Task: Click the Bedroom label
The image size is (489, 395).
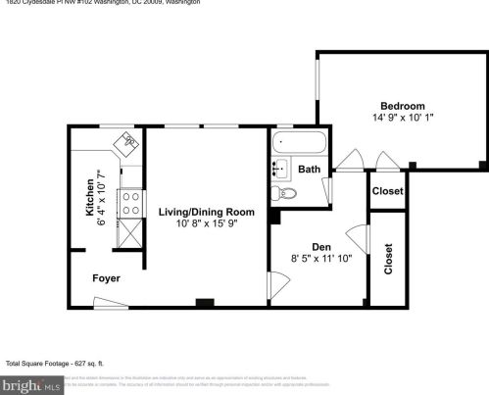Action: click(403, 106)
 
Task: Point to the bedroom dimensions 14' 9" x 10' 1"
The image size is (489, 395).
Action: click(403, 119)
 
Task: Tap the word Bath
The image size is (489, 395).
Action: click(309, 170)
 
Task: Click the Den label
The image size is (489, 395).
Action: click(320, 246)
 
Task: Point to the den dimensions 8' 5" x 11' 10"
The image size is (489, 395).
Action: click(320, 260)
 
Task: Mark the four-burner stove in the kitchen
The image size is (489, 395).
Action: click(128, 202)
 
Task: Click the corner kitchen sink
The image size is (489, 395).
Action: click(127, 144)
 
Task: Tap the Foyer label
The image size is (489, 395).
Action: click(106, 279)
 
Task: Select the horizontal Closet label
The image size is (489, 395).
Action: click(387, 191)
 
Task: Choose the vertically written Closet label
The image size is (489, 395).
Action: click(388, 259)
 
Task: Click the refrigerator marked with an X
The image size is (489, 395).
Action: click(128, 233)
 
